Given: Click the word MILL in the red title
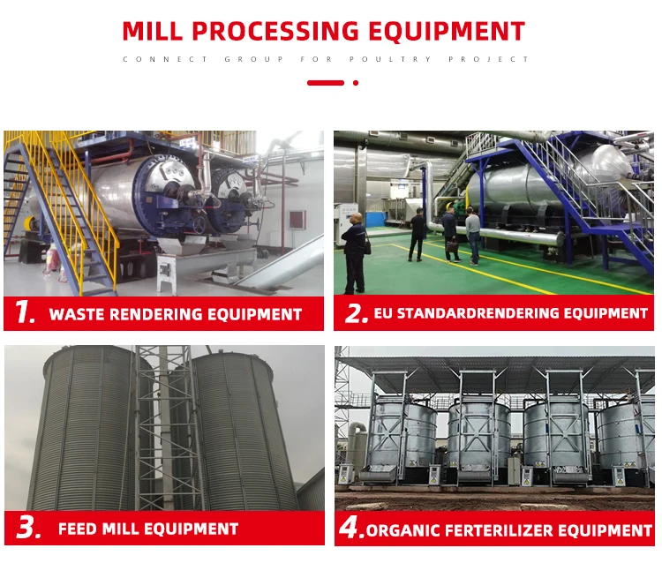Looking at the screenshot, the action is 152,31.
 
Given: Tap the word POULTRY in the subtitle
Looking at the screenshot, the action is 390,59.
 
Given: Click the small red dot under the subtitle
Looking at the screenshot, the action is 356,83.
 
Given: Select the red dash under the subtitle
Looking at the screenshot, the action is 326,83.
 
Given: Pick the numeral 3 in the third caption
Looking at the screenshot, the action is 29,528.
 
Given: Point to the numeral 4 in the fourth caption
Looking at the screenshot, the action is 350,528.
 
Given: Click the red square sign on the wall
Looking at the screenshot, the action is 297,220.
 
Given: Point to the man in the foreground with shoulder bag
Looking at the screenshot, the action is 355,253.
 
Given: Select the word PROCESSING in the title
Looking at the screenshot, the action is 275,31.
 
